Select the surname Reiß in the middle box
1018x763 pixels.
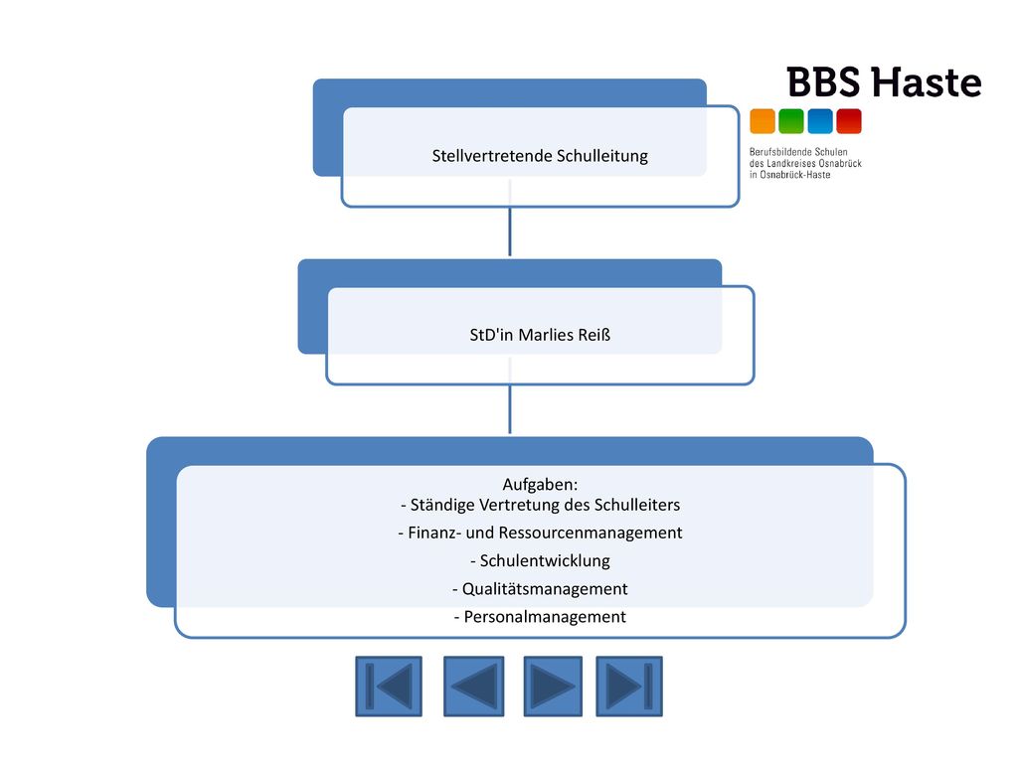pyautogui.click(x=595, y=335)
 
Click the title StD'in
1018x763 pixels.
pyautogui.click(x=491, y=335)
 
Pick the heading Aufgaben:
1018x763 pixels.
pyautogui.click(x=540, y=485)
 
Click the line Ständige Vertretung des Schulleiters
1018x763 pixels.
pyautogui.click(x=541, y=505)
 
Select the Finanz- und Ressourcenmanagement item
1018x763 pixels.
pyautogui.click(x=540, y=533)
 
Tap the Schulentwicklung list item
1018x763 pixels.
pyautogui.click(x=540, y=560)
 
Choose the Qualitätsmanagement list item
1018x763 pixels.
pyautogui.click(x=540, y=589)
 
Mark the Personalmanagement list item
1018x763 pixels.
pyautogui.click(x=540, y=616)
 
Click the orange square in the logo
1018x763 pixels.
pyautogui.click(x=763, y=121)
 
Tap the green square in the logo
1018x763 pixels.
pyautogui.click(x=791, y=121)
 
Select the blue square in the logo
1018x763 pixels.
pyautogui.click(x=820, y=121)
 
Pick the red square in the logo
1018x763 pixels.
pyautogui.click(x=849, y=121)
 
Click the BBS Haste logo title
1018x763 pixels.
pyautogui.click(x=884, y=82)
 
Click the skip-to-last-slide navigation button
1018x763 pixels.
pyautogui.click(x=629, y=687)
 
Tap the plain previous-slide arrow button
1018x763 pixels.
pyautogui.click(x=474, y=687)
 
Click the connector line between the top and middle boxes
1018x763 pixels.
pyautogui.click(x=510, y=231)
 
